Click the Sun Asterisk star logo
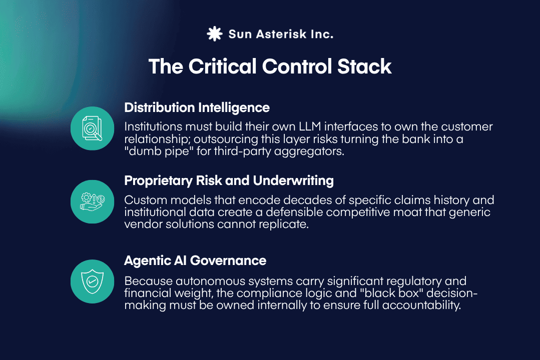214,34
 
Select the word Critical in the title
224,66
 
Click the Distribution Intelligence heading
197,107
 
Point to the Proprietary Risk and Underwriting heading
229,180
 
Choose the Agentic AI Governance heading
195,260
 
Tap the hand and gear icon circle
93,200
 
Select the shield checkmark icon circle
93,281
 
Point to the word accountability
420,305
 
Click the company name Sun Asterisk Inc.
280,34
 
